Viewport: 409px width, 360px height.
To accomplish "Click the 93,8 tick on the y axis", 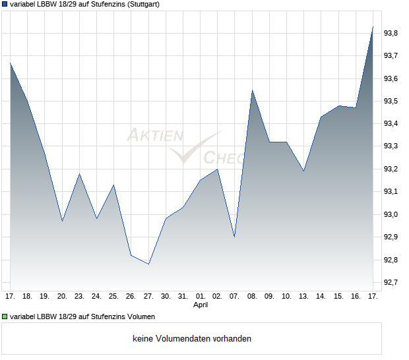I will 393,33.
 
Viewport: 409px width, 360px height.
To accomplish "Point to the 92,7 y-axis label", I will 393,283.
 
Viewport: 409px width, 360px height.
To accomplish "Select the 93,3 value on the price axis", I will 393,146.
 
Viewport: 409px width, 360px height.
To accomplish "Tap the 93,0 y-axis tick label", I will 393,214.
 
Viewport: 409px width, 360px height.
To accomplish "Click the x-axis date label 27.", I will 148,296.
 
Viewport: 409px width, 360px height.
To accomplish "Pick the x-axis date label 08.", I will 252,296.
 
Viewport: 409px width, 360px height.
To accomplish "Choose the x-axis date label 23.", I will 79,296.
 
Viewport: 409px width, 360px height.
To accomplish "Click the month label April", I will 201,305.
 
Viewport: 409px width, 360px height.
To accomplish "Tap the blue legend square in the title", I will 5,5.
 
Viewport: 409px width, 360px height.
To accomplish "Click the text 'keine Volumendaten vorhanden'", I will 192,339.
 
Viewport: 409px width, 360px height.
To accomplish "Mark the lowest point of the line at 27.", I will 148,264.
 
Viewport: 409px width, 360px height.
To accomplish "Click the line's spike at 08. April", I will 252,90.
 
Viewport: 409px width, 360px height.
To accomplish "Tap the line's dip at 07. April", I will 235,237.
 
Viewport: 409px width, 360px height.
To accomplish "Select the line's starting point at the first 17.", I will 10,63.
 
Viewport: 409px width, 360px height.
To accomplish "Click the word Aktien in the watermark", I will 154,136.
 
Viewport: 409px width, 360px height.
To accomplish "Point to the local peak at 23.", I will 79,174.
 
